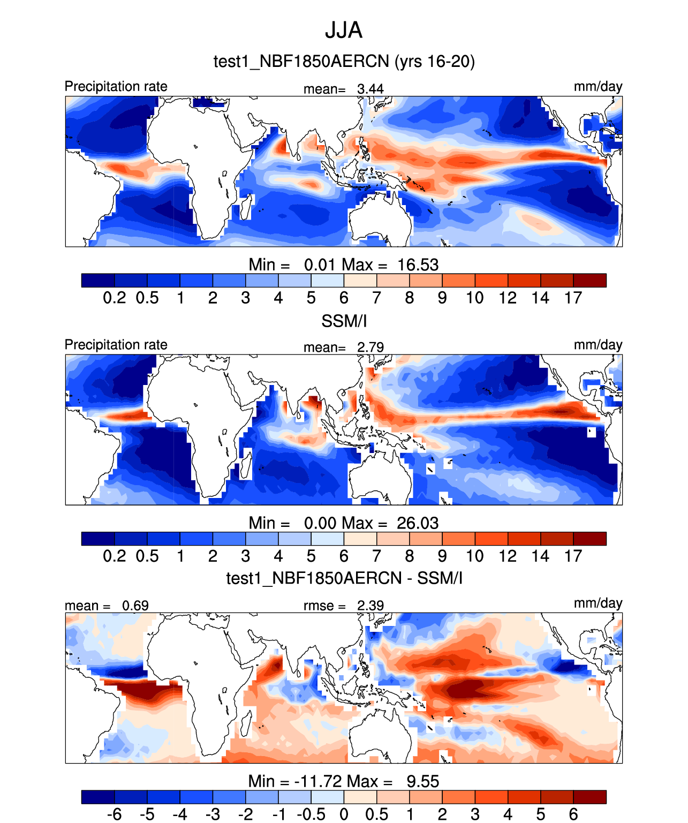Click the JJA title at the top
(344, 31)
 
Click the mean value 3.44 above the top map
(371, 89)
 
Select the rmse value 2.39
(371, 606)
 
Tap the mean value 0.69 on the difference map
(135, 606)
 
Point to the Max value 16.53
(418, 265)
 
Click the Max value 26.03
(418, 523)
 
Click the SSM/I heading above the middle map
(344, 321)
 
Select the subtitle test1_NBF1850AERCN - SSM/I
(344, 578)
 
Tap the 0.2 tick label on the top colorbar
(114, 298)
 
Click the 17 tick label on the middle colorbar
(573, 556)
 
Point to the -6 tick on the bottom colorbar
(114, 814)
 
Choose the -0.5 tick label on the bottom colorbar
(311, 814)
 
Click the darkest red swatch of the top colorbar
(589, 281)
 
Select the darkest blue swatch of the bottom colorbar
(98, 797)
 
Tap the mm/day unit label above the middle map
(598, 345)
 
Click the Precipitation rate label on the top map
(116, 87)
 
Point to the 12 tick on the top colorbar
(508, 298)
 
